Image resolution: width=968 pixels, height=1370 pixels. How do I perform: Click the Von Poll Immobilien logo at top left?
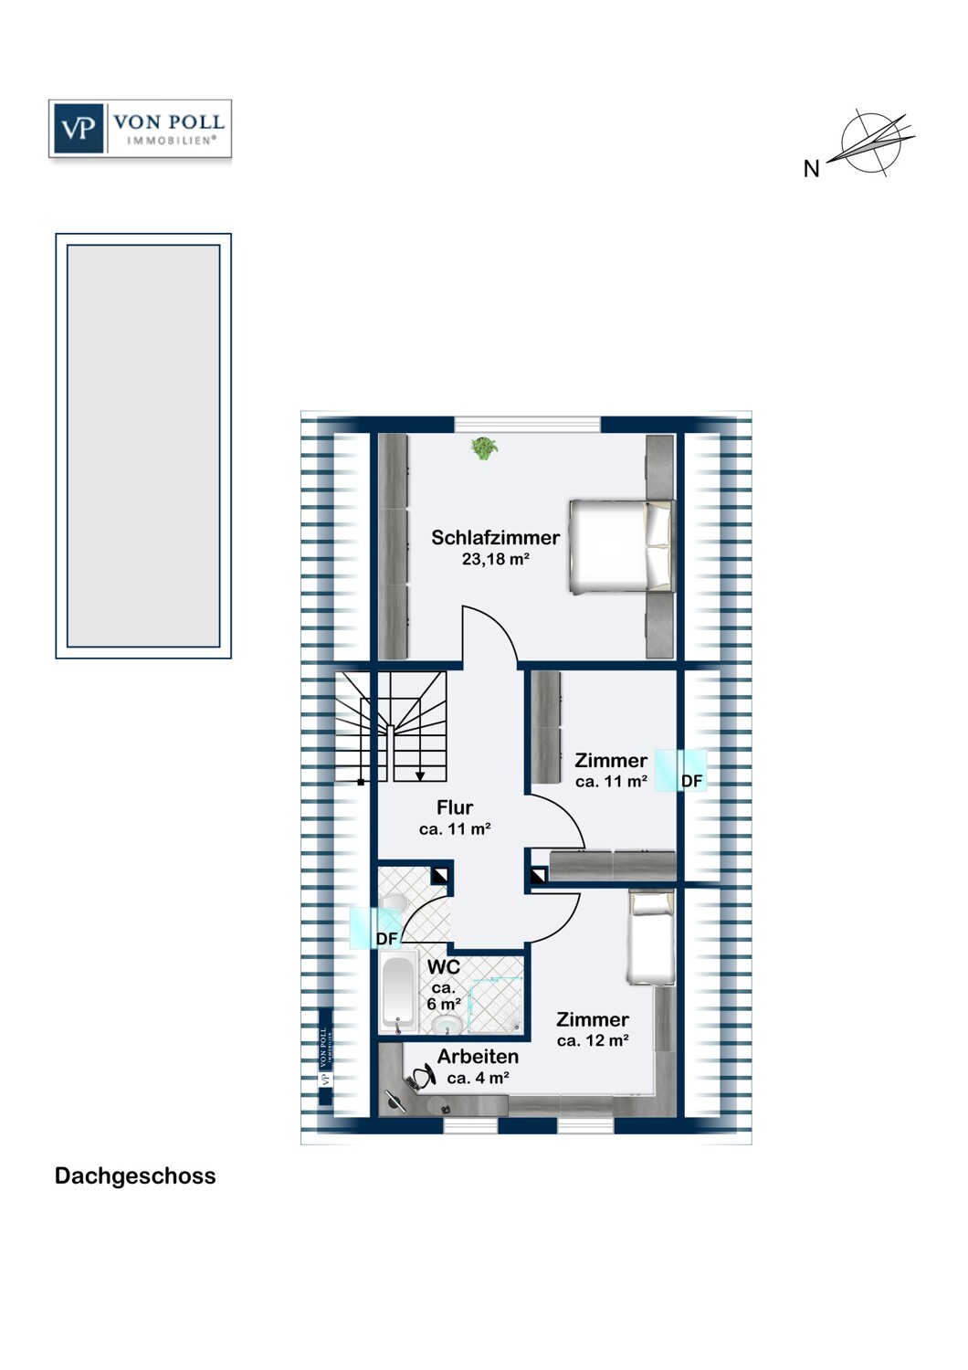[x=140, y=129]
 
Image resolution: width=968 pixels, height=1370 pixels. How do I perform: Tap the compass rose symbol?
[x=876, y=142]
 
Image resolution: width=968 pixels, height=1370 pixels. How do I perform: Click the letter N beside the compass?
[x=811, y=169]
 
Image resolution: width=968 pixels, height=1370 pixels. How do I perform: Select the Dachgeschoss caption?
[x=135, y=1175]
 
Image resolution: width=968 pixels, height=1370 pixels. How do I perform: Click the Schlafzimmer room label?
[x=495, y=537]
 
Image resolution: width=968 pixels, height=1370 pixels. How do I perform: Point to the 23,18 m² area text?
[x=495, y=559]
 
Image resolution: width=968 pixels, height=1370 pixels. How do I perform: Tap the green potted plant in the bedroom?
[x=484, y=448]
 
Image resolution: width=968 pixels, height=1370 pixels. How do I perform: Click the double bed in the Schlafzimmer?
[x=622, y=546]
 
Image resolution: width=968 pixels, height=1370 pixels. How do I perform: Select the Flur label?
[x=455, y=807]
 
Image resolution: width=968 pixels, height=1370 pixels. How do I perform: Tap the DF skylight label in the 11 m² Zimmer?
[x=691, y=781]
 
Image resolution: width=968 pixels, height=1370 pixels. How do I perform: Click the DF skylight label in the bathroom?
[x=387, y=938]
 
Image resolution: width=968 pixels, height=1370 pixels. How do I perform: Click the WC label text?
[x=444, y=966]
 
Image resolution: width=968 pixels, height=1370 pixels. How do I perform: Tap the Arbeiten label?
[x=478, y=1057]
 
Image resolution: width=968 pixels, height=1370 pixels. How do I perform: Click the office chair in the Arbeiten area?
[x=422, y=1078]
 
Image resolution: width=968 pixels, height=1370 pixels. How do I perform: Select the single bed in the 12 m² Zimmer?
[x=651, y=938]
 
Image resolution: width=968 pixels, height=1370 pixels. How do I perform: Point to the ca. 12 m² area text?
[x=593, y=1041]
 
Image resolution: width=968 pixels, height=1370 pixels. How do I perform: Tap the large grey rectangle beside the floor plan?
[x=143, y=446]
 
